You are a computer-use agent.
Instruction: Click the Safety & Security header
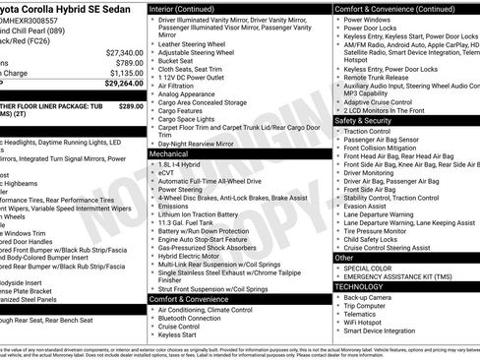click(x=368, y=119)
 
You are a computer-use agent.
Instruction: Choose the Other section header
click(x=344, y=257)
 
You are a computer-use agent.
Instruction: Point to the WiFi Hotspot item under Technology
click(x=368, y=322)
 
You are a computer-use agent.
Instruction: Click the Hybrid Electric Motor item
click(x=194, y=255)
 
